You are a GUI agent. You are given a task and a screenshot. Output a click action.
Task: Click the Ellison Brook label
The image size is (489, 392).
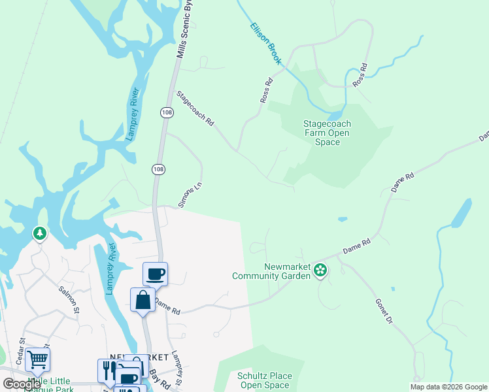[x=266, y=44]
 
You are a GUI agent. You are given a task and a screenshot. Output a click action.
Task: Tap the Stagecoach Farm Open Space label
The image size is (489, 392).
[x=328, y=133]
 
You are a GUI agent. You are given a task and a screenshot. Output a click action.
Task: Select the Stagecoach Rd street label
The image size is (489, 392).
[x=195, y=108]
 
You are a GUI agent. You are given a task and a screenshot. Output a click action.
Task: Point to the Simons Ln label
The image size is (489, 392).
[x=189, y=194]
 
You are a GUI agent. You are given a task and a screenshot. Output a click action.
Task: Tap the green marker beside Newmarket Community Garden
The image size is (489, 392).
[x=320, y=269]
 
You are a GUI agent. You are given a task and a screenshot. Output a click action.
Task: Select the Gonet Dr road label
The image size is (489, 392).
[x=384, y=312]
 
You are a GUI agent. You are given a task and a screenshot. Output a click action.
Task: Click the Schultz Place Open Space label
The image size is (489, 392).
[x=265, y=380]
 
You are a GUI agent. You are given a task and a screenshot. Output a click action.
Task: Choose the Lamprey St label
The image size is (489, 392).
[x=177, y=369]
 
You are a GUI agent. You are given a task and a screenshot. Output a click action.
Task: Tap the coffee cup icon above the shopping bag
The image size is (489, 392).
[x=156, y=273]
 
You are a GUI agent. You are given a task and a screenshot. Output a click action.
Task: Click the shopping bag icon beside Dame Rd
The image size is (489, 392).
[x=143, y=300]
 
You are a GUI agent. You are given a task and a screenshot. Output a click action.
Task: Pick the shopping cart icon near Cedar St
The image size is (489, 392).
[x=37, y=359]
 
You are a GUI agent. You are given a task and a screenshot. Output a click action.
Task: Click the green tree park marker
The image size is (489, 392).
[x=40, y=233]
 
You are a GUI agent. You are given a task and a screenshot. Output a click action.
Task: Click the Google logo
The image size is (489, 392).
[x=22, y=384]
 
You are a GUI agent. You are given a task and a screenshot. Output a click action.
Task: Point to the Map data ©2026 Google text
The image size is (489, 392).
[x=448, y=387]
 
